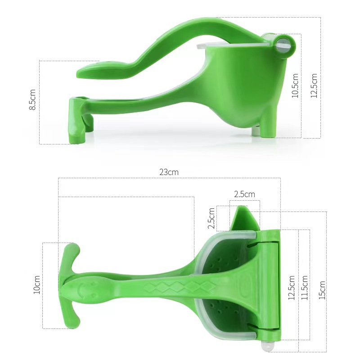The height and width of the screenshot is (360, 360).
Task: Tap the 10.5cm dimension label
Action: coord(295,85)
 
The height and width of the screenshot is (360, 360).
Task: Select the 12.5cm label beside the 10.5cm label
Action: coord(314,85)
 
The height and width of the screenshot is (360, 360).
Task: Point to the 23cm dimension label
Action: coord(169,172)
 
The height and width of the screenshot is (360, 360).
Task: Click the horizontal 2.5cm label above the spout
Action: coord(244,194)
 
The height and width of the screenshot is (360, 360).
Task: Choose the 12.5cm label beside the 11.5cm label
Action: coord(291,288)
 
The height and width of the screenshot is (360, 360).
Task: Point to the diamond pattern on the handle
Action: coord(173,286)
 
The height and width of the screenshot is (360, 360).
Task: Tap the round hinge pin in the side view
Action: coord(284,44)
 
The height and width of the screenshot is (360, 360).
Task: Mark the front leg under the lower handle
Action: coord(76,121)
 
